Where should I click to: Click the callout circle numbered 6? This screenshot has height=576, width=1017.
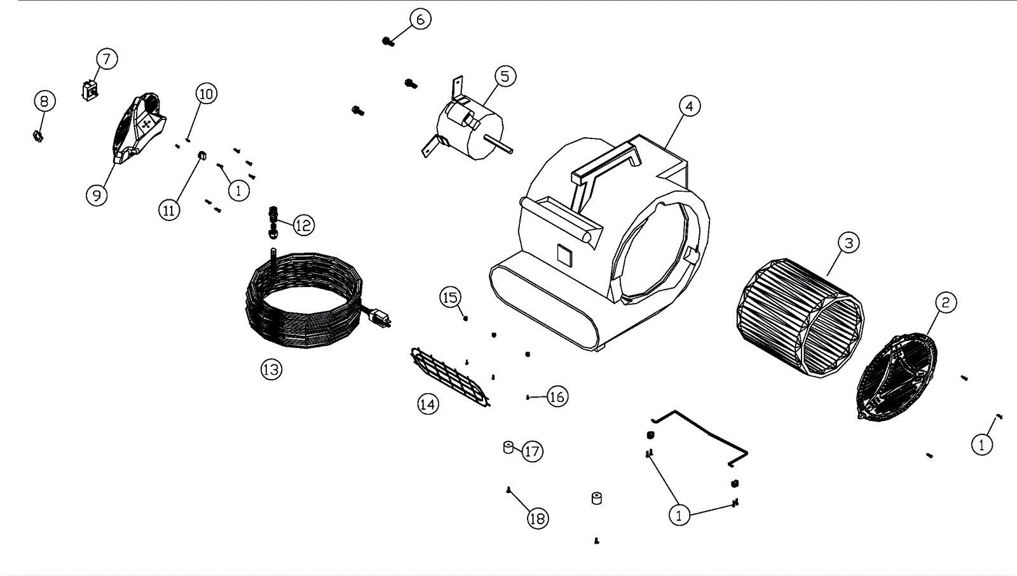click(420, 20)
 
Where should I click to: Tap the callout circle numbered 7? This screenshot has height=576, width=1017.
click(107, 59)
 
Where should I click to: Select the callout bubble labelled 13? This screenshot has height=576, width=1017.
click(271, 369)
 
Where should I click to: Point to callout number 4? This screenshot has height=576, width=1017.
click(690, 106)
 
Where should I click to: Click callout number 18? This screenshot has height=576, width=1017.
click(538, 518)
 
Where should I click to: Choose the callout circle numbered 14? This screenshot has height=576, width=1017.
click(428, 404)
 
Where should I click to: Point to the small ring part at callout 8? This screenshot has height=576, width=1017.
click(38, 136)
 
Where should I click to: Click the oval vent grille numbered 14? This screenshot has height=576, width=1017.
click(450, 377)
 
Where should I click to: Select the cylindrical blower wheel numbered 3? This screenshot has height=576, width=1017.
click(800, 318)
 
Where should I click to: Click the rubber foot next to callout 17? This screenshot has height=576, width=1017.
click(508, 447)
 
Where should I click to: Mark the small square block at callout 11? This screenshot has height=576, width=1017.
click(202, 156)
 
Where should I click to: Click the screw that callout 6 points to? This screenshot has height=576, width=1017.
click(388, 42)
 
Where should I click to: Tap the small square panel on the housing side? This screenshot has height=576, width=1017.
click(565, 256)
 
